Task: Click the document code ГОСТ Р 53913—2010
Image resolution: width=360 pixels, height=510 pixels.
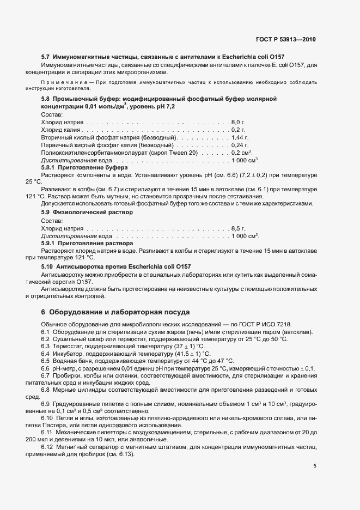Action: click(x=285, y=40)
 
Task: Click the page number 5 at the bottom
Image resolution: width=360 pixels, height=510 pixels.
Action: click(x=315, y=465)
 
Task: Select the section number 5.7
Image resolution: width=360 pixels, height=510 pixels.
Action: click(x=46, y=57)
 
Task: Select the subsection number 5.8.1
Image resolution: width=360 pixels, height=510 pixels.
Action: click(x=49, y=169)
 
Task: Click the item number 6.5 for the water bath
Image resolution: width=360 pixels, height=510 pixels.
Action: click(x=45, y=361)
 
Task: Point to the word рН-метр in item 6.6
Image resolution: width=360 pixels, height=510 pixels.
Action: click(x=65, y=369)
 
